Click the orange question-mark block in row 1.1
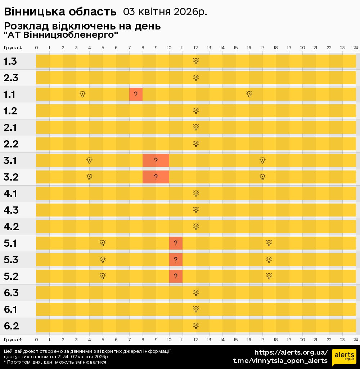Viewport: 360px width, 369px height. coord(136,94)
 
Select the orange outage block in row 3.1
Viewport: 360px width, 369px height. coord(156,160)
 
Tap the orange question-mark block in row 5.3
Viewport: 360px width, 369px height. coord(176,260)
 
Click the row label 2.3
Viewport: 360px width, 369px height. coord(11,78)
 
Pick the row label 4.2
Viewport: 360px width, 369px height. coord(11,227)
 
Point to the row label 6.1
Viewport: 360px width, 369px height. coord(11,309)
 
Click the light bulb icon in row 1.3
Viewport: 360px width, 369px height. coord(196,61)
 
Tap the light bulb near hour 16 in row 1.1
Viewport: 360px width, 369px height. coord(249,94)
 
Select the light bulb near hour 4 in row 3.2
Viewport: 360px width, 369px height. coord(89,177)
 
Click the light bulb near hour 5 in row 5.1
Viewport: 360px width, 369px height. coord(103,243)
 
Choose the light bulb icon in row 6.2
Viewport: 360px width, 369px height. coord(196,326)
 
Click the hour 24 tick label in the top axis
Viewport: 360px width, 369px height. coord(355,48)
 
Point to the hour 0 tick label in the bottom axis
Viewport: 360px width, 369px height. coord(36,340)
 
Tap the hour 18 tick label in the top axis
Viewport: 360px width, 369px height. coord(275,48)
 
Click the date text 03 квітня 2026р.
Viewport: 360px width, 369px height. coord(165,12)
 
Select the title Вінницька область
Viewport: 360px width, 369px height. coord(60,12)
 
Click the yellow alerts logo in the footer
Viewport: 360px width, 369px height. coord(344,357)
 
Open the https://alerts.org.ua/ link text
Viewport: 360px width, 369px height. coord(291,352)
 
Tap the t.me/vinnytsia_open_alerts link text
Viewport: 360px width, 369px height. coord(280,360)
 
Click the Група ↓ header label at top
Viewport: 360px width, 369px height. coord(13,48)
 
